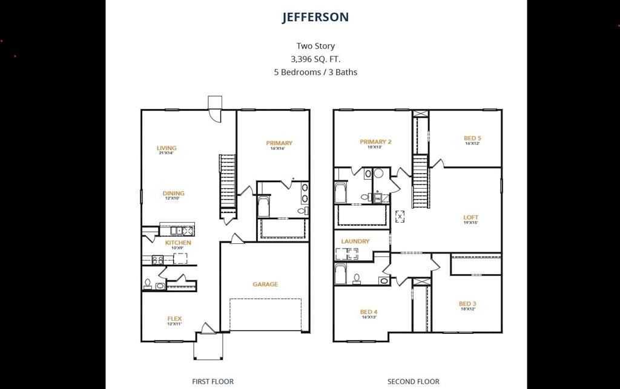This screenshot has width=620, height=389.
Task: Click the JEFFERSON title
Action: [315, 17]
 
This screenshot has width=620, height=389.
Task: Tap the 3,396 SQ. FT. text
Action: [315, 59]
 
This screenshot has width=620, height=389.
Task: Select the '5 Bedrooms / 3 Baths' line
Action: [315, 72]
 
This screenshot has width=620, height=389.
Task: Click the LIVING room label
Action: [167, 148]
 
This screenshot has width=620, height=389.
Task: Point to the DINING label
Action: [173, 194]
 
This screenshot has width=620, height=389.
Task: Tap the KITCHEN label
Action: [178, 243]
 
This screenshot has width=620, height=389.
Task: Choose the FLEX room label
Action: [174, 319]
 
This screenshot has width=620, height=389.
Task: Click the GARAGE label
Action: [265, 284]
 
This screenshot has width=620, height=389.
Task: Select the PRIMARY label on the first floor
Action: [279, 143]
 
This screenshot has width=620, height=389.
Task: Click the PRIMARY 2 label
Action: [375, 142]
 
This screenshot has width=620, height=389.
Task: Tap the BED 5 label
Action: [472, 139]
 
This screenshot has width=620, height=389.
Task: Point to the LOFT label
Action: [471, 218]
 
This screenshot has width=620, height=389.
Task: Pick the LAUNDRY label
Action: [355, 241]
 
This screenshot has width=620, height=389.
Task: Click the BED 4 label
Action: [369, 312]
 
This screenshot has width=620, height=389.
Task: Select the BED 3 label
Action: [467, 304]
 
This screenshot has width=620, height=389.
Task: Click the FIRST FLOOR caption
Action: [213, 381]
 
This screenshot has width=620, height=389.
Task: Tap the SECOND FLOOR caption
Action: [414, 381]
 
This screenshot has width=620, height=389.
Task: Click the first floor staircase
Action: [228, 181]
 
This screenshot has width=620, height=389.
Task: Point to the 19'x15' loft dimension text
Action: [471, 223]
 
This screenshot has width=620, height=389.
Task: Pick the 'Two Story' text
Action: [315, 46]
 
